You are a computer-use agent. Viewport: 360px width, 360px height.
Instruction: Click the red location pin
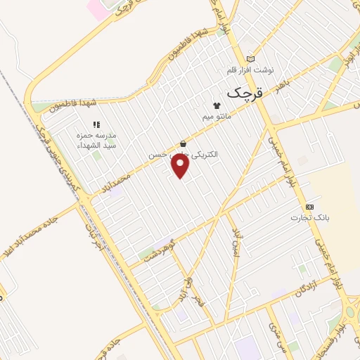(x=181, y=166)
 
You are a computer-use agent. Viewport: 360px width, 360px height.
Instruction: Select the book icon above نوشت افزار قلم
(x=251, y=59)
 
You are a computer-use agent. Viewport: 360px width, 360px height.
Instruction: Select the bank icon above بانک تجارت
(x=309, y=207)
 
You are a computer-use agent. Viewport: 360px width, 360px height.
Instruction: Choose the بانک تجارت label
(x=310, y=218)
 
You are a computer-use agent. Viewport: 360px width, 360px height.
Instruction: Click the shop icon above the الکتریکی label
(x=183, y=143)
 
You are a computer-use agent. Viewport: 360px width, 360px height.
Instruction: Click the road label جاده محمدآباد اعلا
(x=30, y=240)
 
